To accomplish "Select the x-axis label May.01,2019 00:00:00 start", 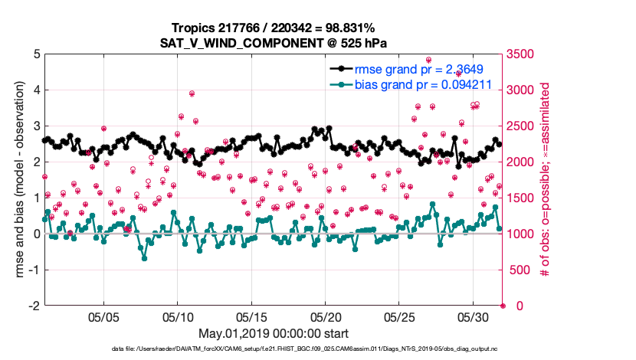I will (x=274, y=333).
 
